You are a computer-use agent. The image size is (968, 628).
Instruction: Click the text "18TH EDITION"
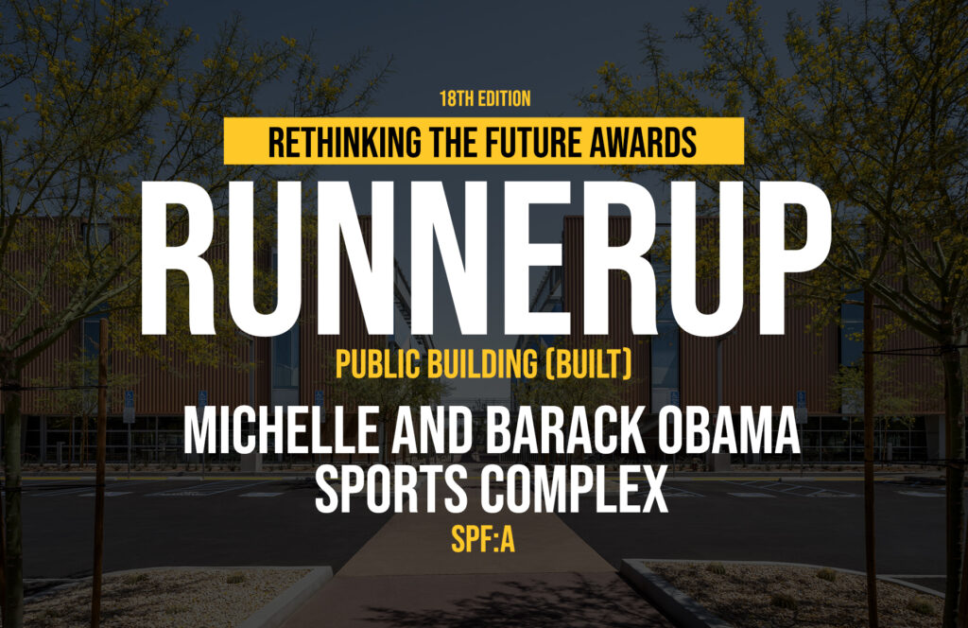[485, 98]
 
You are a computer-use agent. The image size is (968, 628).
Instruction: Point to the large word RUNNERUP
[486, 259]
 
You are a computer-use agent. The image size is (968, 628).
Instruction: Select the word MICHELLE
[280, 431]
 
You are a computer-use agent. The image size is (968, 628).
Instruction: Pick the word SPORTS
[391, 489]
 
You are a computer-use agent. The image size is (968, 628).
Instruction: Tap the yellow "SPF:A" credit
[483, 540]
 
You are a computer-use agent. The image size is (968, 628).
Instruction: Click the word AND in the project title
[431, 431]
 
